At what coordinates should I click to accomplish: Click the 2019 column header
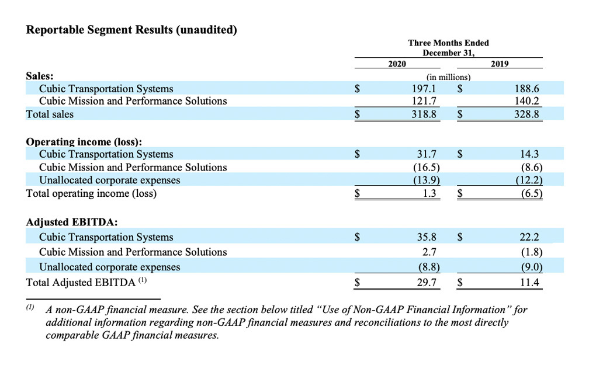point(500,63)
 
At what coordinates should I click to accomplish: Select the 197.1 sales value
point(425,89)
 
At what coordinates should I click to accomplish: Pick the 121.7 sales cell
point(425,101)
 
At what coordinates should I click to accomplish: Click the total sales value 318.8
point(425,114)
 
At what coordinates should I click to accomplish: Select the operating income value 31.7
point(427,154)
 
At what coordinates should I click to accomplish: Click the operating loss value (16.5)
point(425,167)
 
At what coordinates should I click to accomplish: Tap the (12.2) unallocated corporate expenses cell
point(529,180)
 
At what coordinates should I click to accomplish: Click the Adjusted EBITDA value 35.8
point(427,237)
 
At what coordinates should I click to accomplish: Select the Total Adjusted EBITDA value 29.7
point(427,283)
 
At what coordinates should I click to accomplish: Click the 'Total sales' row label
point(50,114)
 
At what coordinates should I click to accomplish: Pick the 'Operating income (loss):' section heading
point(84,142)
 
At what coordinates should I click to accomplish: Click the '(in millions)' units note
point(448,77)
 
